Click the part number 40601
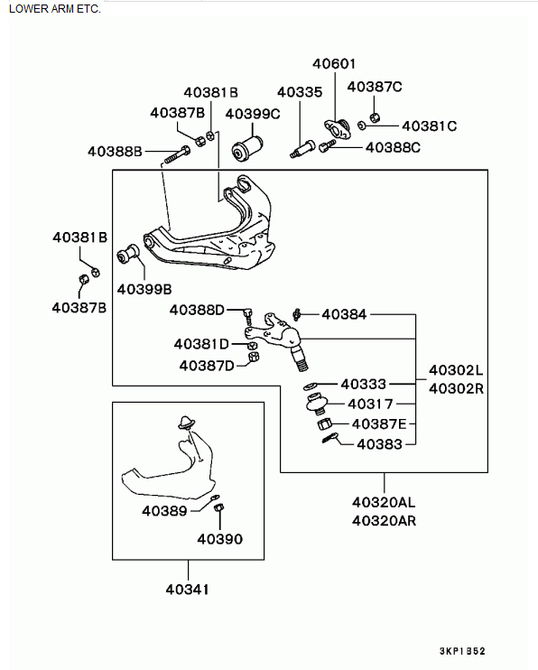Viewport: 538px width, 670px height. point(334,64)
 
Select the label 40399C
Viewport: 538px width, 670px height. point(253,114)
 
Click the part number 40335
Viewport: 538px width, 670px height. point(300,92)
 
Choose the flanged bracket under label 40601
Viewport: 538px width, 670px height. point(338,128)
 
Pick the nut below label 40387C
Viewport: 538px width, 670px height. point(375,116)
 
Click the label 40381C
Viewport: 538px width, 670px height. point(429,126)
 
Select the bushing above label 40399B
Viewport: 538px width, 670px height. point(128,255)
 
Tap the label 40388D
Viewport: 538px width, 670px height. point(197,310)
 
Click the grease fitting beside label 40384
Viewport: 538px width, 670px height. point(297,314)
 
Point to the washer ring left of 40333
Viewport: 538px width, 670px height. point(310,386)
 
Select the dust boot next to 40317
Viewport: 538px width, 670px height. point(317,403)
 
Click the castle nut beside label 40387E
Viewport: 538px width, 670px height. point(324,424)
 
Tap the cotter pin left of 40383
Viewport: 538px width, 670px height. point(330,438)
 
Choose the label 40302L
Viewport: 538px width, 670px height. point(456,370)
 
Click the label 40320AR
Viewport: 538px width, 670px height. point(384,521)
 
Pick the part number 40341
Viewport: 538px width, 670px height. point(187,590)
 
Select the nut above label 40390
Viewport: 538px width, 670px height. point(218,507)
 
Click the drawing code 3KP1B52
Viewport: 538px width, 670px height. point(462,651)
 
